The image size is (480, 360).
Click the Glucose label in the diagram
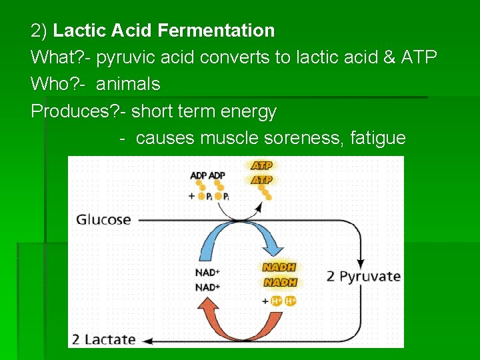pyautogui.click(x=103, y=220)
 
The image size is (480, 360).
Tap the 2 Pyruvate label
pyautogui.click(x=363, y=276)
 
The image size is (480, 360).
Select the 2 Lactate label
pyautogui.click(x=103, y=339)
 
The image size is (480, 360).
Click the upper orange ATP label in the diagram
pyautogui.click(x=261, y=165)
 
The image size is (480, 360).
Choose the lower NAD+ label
pyautogui.click(x=207, y=287)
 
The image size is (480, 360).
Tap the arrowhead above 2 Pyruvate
pyautogui.click(x=362, y=259)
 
